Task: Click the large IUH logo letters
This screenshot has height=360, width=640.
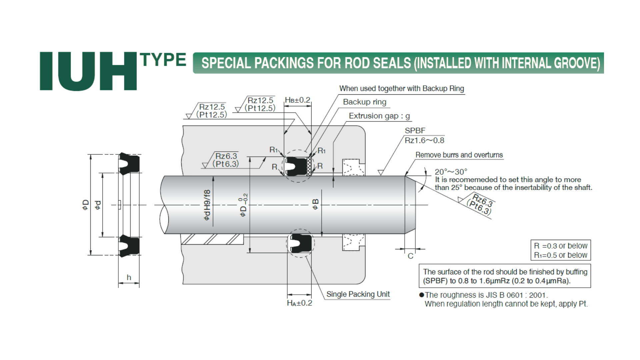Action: [x=88, y=71]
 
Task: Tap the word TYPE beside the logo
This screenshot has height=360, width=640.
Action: [x=163, y=60]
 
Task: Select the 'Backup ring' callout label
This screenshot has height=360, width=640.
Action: [x=365, y=102]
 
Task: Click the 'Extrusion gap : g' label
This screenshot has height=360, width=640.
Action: [x=379, y=116]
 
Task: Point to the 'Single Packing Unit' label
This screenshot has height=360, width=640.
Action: [x=358, y=294]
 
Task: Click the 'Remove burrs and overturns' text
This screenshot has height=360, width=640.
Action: [x=459, y=155]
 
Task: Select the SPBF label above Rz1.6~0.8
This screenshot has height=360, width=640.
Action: [x=415, y=131]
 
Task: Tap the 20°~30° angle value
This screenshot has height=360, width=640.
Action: [x=451, y=172]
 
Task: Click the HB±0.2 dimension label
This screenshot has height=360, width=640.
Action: [x=298, y=100]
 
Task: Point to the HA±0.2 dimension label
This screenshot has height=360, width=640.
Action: [x=300, y=303]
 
